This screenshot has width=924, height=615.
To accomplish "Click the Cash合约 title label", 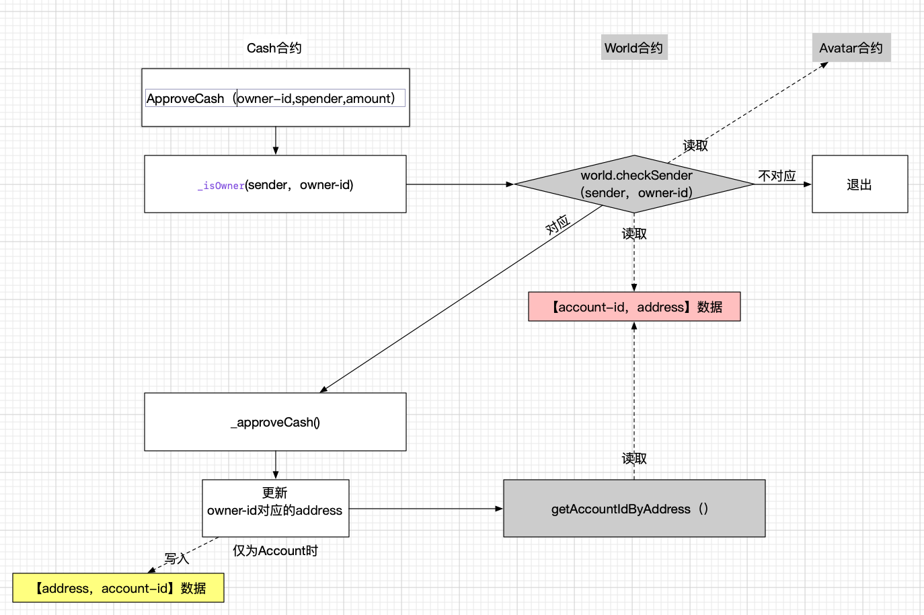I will [x=274, y=48].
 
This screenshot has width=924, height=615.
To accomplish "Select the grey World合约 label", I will [x=633, y=48].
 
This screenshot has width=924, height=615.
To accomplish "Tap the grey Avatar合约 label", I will [x=851, y=48].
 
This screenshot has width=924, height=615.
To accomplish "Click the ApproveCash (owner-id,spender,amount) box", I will [x=275, y=98].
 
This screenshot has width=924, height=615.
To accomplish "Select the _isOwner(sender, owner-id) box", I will [x=275, y=184].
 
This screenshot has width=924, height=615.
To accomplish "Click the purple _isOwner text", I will [x=221, y=186].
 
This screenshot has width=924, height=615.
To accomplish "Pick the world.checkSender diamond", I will [x=635, y=184].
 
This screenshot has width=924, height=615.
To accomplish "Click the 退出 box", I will [x=859, y=184].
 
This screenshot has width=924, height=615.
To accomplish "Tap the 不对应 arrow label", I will [x=777, y=176].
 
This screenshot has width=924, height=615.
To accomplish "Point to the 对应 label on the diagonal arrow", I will [x=557, y=225].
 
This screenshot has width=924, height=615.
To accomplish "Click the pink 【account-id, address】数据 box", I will [x=634, y=307].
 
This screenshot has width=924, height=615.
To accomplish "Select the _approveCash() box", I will [x=275, y=422].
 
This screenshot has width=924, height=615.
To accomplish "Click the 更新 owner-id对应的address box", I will [x=275, y=508].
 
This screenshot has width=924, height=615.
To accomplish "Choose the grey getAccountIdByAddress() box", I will [x=634, y=509].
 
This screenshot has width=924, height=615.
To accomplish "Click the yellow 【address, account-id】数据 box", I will [x=118, y=588].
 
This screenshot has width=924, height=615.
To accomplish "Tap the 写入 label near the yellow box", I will [x=177, y=558].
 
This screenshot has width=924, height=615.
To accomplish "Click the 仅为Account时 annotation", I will [x=275, y=550].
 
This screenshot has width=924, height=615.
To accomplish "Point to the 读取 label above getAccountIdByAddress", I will [x=634, y=458].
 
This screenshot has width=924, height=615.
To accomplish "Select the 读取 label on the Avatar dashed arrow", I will [x=695, y=145].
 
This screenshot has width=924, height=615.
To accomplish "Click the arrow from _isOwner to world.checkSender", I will [x=460, y=184].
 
